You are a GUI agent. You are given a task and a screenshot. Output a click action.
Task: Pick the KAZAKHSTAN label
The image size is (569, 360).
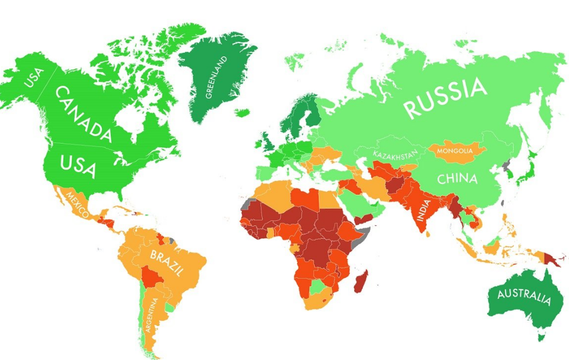point(394,155)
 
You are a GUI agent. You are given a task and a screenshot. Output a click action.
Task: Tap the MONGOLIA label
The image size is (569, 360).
point(455,151)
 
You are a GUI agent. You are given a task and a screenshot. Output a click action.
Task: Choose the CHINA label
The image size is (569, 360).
point(457,179)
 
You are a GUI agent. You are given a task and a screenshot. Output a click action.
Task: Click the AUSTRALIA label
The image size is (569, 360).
point(524,297)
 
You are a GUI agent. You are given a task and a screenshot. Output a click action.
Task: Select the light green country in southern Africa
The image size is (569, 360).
point(318,286)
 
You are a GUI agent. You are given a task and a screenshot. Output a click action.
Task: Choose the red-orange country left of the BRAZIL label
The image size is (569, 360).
point(152,279)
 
